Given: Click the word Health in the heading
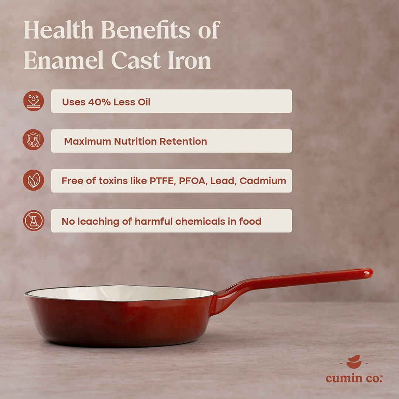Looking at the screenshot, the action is [59, 30].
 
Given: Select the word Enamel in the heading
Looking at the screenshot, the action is [64, 60].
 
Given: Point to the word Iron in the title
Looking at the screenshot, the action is [190, 60].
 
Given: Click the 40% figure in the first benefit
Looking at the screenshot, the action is [99, 102].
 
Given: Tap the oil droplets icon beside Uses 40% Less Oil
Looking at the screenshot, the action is [34, 101].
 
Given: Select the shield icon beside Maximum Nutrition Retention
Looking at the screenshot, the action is [33, 140].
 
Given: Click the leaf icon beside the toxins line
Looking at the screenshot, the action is [34, 180].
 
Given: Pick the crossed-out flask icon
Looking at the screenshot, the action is [34, 221].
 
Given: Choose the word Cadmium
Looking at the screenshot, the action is [263, 181].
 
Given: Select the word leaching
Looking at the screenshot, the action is [98, 222].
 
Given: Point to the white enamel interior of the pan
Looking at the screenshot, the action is [120, 293].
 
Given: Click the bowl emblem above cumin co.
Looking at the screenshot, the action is [354, 362].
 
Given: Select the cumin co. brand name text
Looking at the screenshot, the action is [354, 378].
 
